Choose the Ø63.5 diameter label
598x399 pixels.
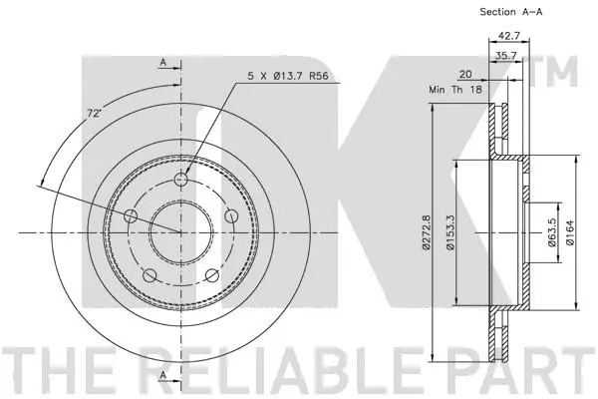click(551, 231)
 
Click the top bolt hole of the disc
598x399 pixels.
click(180, 181)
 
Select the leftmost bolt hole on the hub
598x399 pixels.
click(132, 216)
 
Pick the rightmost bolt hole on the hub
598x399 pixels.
click(230, 215)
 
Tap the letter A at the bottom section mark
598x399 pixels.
click(161, 374)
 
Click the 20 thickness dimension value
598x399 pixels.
click(466, 74)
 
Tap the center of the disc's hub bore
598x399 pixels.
click(180, 232)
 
